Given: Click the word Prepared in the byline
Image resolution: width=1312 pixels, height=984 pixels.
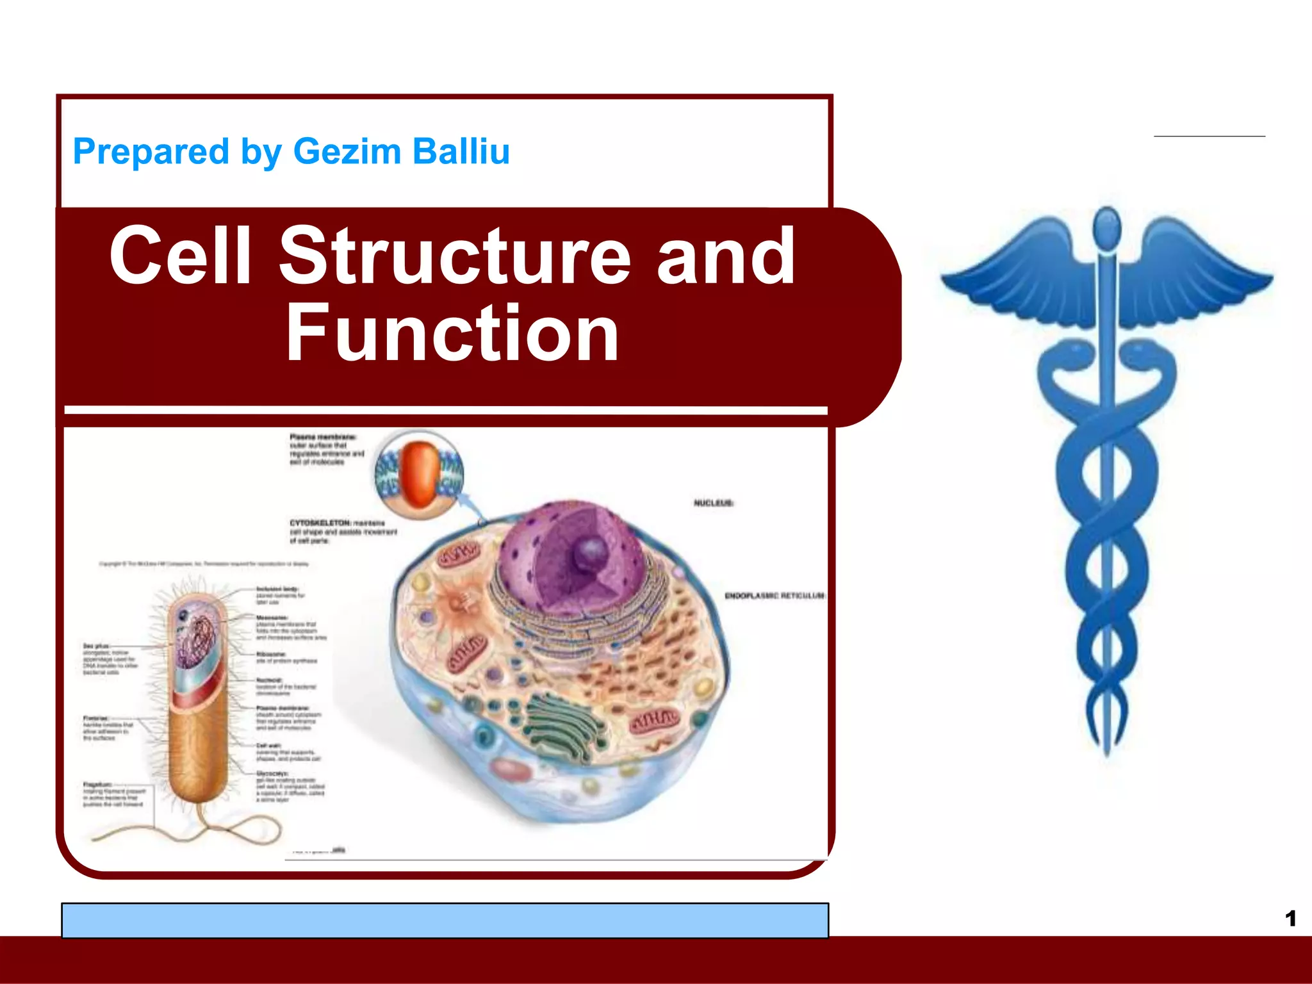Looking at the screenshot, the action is [151, 152].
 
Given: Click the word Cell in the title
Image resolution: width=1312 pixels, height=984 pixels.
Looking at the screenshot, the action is [180, 256].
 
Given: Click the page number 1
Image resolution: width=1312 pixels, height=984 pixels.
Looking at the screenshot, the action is [1290, 919].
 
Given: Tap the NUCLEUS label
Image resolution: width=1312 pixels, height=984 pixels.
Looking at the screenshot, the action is [713, 503].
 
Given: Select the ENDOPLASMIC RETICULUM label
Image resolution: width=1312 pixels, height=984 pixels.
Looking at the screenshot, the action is [775, 596].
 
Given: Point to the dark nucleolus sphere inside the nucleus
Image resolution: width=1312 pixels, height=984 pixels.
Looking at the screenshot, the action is [591, 552].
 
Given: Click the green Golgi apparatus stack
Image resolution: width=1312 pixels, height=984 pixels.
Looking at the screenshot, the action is [564, 724].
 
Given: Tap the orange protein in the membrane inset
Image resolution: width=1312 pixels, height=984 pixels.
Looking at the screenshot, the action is [420, 473].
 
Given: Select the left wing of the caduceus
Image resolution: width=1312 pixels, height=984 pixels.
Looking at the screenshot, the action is [1019, 269].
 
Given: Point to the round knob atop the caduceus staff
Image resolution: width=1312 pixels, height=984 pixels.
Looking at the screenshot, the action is [1106, 225].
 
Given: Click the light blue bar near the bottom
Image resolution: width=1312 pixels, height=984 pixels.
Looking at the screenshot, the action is [445, 920].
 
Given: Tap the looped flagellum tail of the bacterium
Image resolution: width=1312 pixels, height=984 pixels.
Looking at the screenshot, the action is [211, 830].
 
